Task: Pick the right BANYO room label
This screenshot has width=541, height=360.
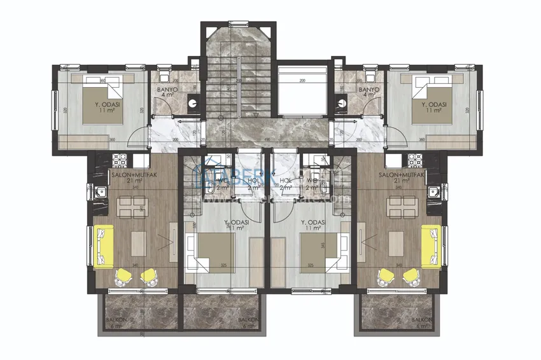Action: pos(369,90)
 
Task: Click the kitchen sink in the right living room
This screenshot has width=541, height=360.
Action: pos(434,190)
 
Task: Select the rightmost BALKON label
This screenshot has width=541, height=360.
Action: pos(420,320)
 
